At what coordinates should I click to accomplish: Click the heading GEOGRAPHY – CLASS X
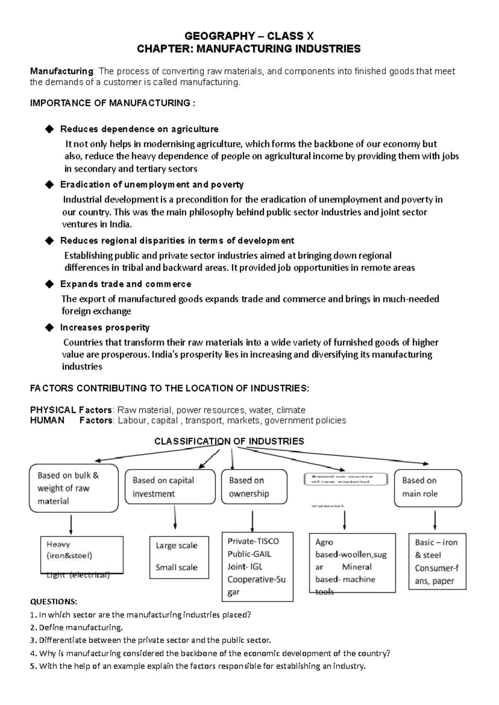pyautogui.click(x=249, y=36)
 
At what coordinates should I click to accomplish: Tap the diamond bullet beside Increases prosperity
pyautogui.click(x=49, y=328)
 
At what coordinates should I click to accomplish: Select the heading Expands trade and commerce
pyautogui.click(x=126, y=284)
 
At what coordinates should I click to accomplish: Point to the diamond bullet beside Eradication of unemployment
pyautogui.click(x=49, y=184)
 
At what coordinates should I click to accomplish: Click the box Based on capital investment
pyautogui.click(x=170, y=487)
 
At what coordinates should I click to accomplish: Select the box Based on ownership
pyautogui.click(x=254, y=487)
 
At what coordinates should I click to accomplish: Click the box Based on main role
pyautogui.click(x=427, y=487)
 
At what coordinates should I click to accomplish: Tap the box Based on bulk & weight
pyautogui.click(x=74, y=488)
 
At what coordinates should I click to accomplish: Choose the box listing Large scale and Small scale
pyautogui.click(x=179, y=557)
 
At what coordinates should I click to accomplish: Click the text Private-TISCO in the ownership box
pyautogui.click(x=253, y=541)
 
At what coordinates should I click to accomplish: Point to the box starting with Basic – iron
pyautogui.click(x=437, y=561)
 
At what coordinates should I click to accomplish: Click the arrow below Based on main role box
pyautogui.click(x=435, y=520)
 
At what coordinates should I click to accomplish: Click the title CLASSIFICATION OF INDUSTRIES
pyautogui.click(x=229, y=441)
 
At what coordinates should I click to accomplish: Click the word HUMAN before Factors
pyautogui.click(x=47, y=420)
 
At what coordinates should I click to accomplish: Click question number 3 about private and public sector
pyautogui.click(x=151, y=640)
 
